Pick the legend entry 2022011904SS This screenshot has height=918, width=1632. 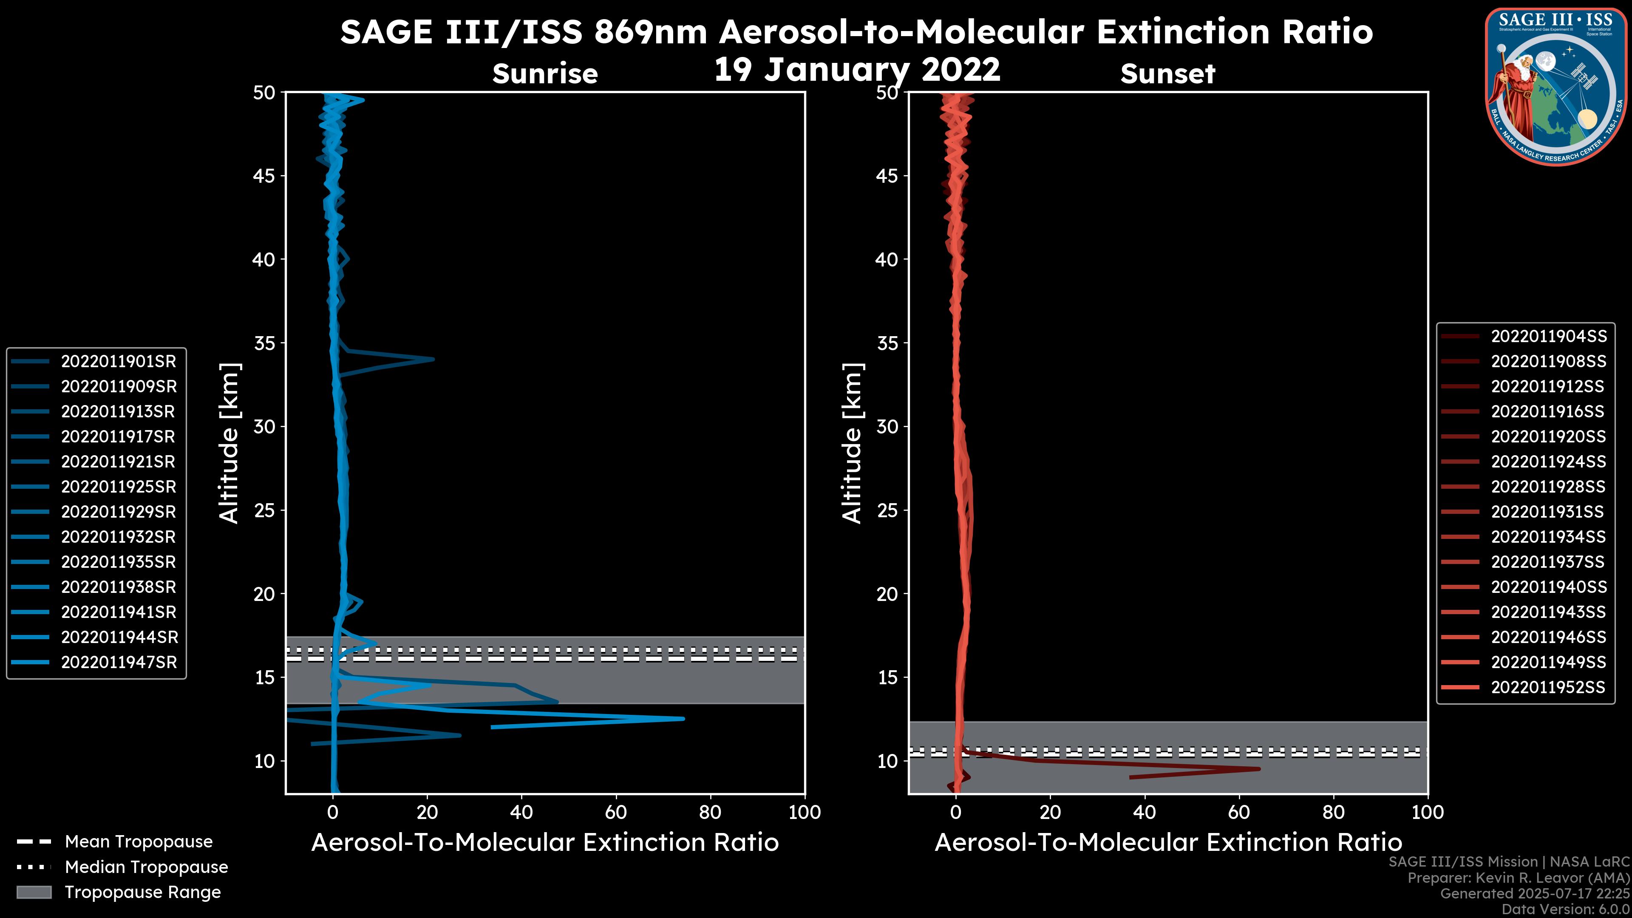tap(1548, 337)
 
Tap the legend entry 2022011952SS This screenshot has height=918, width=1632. tap(1548, 687)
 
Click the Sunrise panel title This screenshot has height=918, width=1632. tap(545, 74)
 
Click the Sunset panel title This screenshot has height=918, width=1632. tap(1167, 74)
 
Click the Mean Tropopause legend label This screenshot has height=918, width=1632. tap(139, 842)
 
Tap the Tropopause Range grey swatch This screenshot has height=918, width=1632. tap(34, 892)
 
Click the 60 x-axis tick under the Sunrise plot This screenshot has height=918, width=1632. tap(616, 812)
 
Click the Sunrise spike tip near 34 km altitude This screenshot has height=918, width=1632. tap(433, 359)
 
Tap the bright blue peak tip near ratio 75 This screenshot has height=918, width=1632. tap(683, 718)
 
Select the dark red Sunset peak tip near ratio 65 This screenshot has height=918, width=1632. tap(1259, 769)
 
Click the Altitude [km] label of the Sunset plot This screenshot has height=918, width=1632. tap(852, 443)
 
